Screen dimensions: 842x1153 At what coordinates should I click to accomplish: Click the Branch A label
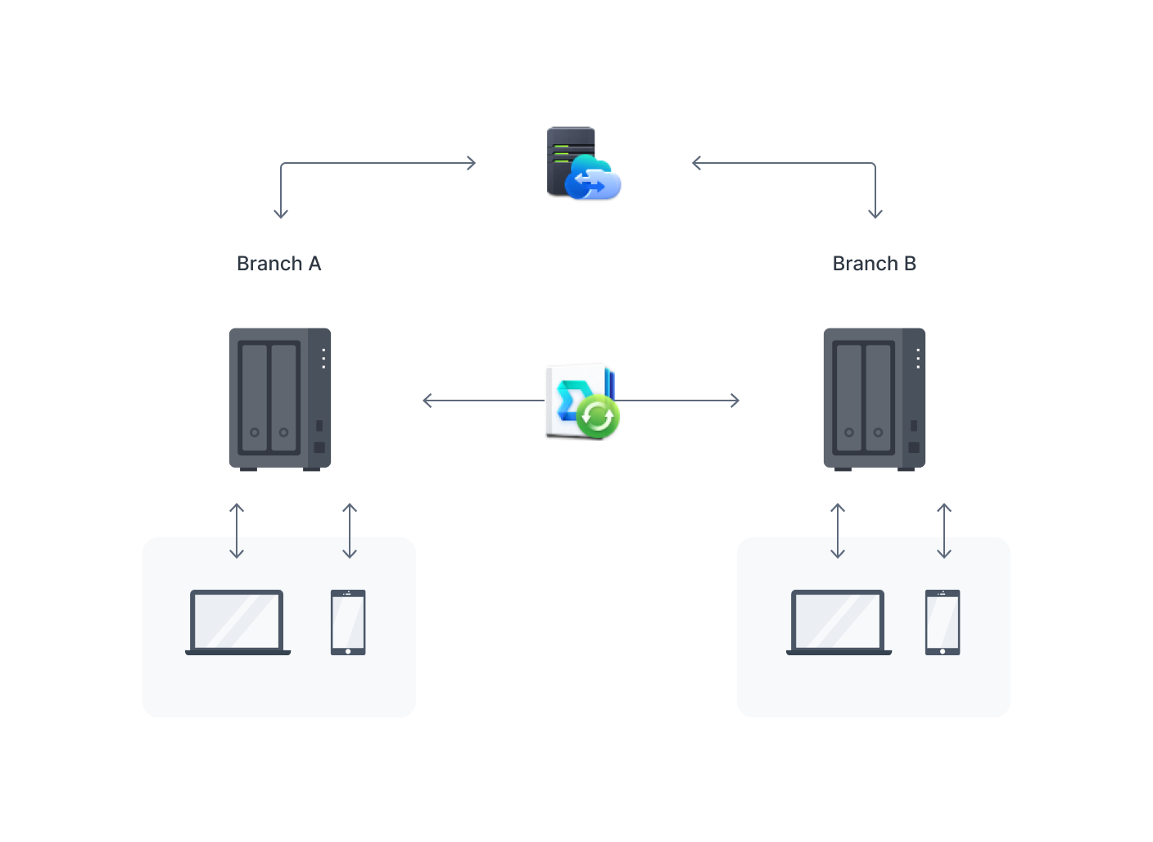pos(278,264)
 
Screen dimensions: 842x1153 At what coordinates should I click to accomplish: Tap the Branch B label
pos(874,264)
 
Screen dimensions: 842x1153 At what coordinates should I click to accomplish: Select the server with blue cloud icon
pos(583,163)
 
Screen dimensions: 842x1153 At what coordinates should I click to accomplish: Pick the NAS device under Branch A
pos(280,399)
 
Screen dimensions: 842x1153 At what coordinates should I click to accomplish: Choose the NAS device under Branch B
pos(874,399)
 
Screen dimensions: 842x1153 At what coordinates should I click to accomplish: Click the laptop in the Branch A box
pos(237,622)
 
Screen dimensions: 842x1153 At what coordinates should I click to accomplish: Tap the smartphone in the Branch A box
pos(348,622)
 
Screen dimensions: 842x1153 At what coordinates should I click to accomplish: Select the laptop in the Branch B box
pos(839,622)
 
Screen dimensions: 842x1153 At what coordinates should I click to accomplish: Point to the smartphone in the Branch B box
pos(943,622)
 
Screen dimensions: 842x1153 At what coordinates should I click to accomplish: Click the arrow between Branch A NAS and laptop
pos(237,531)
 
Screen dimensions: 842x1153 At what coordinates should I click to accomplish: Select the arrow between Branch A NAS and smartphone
pos(350,531)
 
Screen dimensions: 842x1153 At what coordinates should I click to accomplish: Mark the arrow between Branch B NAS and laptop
pos(838,531)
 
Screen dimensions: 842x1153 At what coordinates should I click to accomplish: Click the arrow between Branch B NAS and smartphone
pos(944,531)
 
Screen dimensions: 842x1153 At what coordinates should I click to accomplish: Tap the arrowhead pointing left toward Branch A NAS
pos(427,401)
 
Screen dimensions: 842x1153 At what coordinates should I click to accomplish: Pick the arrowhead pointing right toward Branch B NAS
pos(735,401)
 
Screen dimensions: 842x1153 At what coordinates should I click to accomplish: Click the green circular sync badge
pos(598,417)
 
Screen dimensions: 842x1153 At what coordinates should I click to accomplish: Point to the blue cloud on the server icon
pos(594,179)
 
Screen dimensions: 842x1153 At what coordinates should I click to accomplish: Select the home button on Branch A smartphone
pos(348,651)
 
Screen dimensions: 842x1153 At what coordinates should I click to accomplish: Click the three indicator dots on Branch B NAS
pos(918,358)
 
